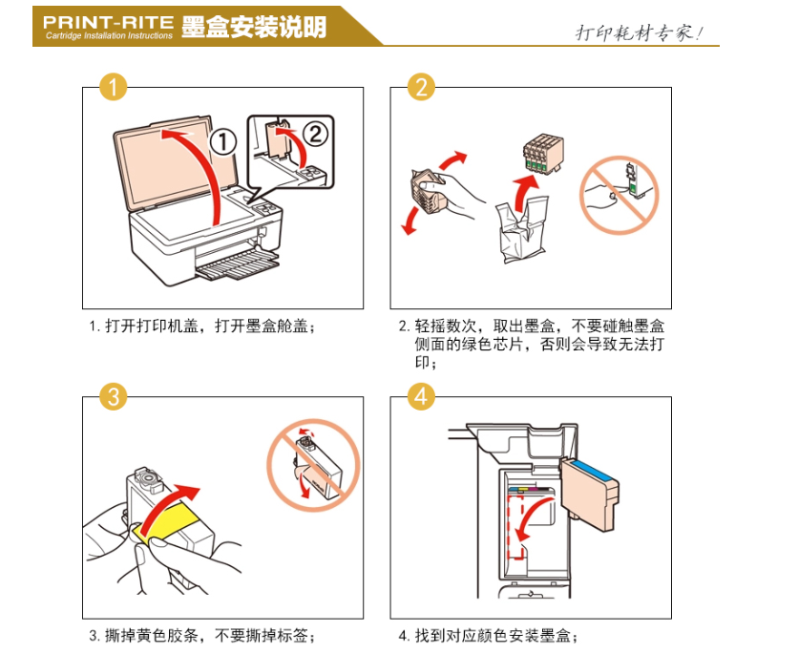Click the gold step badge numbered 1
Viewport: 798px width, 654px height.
pos(113,87)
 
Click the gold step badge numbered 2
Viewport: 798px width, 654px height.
pos(421,87)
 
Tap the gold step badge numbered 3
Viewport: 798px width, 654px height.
pos(113,396)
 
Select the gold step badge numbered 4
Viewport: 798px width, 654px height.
pos(421,396)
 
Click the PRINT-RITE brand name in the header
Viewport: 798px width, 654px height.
pos(109,22)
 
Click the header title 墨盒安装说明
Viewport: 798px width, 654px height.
pos(254,27)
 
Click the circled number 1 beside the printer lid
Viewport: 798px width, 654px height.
pos(223,142)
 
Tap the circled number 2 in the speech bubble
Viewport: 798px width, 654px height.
pos(316,134)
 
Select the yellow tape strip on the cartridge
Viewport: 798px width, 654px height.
pos(166,520)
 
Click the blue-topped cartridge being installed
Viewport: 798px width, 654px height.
pos(590,492)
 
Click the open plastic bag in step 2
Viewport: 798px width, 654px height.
pos(521,229)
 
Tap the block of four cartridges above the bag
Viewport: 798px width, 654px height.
pos(543,154)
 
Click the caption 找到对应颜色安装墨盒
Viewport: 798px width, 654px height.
pos(495,636)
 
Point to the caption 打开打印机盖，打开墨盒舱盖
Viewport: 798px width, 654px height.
pos(210,326)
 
